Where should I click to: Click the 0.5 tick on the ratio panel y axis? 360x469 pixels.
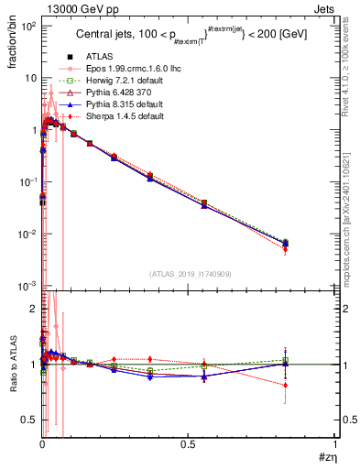30,420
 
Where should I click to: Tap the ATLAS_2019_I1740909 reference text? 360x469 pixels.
190,274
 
